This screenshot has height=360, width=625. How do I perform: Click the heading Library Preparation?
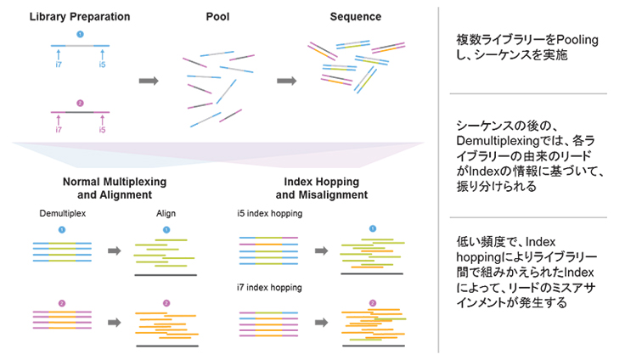pyautogui.click(x=80, y=16)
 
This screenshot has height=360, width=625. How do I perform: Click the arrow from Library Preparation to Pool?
pyautogui.click(x=149, y=81)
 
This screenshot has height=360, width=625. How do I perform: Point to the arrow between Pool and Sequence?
pyautogui.click(x=286, y=81)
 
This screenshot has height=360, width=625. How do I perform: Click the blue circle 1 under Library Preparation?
pyautogui.click(x=80, y=34)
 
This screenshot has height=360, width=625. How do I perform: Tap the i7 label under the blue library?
pyautogui.click(x=59, y=65)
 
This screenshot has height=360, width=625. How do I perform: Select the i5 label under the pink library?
pyautogui.click(x=102, y=130)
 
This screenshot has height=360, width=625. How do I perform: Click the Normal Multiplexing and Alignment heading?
pyautogui.click(x=115, y=188)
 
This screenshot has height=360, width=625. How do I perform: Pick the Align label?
pyautogui.click(x=166, y=214)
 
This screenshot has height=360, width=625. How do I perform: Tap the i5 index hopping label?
pyautogui.click(x=269, y=214)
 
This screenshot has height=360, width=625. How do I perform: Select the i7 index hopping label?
pyautogui.click(x=269, y=287)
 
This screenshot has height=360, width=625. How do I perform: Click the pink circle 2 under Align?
pyautogui.click(x=166, y=303)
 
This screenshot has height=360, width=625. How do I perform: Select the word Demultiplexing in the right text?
pyautogui.click(x=499, y=138)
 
